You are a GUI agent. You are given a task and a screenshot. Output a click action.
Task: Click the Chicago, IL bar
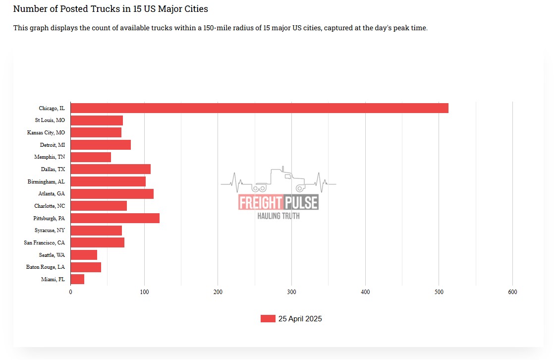pyautogui.click(x=259, y=108)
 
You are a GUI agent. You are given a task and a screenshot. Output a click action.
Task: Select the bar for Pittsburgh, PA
pyautogui.click(x=115, y=218)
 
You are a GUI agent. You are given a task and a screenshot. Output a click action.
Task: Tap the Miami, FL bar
pyautogui.click(x=77, y=279)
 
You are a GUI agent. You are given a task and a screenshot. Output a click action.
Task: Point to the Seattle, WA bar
pyautogui.click(x=84, y=255)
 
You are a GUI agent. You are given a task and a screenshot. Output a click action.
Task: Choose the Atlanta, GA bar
pyautogui.click(x=112, y=194)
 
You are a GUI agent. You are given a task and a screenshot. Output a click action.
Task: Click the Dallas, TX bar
pyautogui.click(x=111, y=169)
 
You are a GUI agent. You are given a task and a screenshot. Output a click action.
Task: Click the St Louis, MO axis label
pyautogui.click(x=50, y=120)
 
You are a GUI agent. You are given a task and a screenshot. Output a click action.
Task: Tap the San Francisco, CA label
pyautogui.click(x=44, y=242)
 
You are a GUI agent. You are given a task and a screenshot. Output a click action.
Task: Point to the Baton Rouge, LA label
pyautogui.click(x=46, y=267)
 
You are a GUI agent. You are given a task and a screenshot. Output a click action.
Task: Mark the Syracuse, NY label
pyautogui.click(x=50, y=231)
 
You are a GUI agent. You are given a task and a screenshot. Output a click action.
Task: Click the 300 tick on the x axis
pyautogui.click(x=291, y=292)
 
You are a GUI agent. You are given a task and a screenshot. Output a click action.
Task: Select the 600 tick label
pyautogui.click(x=512, y=292)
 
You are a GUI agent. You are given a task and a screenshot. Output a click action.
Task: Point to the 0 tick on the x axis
pyautogui.click(x=70, y=292)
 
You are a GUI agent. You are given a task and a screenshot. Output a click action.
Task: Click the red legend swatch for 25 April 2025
pyautogui.click(x=268, y=319)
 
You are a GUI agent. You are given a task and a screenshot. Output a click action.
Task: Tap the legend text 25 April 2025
pyautogui.click(x=300, y=319)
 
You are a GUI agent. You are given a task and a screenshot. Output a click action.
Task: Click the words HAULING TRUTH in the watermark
pyautogui.click(x=278, y=216)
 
